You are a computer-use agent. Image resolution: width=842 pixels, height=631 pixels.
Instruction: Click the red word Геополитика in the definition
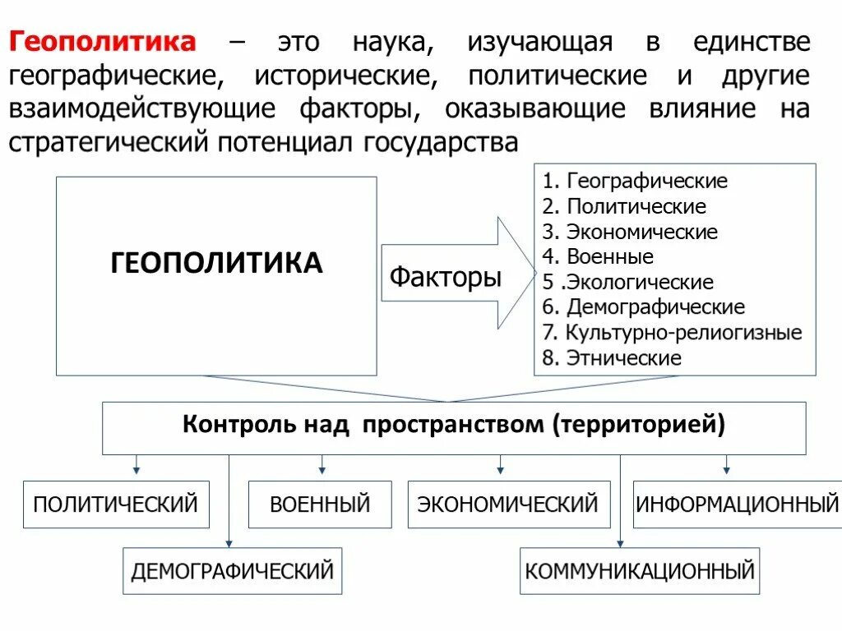click(x=103, y=42)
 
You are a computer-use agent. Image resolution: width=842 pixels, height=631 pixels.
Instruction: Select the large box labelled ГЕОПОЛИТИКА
click(x=216, y=275)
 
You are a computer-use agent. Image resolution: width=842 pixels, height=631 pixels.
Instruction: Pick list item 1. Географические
click(x=635, y=181)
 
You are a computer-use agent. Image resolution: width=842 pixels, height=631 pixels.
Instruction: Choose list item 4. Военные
click(x=598, y=257)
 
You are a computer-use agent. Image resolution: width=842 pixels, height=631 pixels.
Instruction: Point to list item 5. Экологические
click(x=627, y=283)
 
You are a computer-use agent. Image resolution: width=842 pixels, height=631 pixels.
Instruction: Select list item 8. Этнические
click(x=612, y=358)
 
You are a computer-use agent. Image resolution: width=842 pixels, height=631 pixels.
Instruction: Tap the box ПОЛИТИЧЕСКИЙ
click(x=116, y=504)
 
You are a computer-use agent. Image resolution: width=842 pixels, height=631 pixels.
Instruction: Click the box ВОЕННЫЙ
click(x=321, y=504)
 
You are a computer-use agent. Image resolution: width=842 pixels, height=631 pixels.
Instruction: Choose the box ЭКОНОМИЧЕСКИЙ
click(x=508, y=504)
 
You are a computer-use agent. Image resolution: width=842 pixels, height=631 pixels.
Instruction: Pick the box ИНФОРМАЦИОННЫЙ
click(x=737, y=504)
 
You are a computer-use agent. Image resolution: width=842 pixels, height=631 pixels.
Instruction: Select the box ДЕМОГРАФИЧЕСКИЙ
click(x=233, y=570)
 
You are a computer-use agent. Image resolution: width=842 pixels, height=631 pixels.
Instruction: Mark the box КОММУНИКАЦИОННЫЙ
click(x=640, y=570)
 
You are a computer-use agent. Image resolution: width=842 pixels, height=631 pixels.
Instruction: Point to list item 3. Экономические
click(x=630, y=232)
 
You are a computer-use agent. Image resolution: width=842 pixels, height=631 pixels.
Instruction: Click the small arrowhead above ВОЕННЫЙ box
click(x=322, y=470)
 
